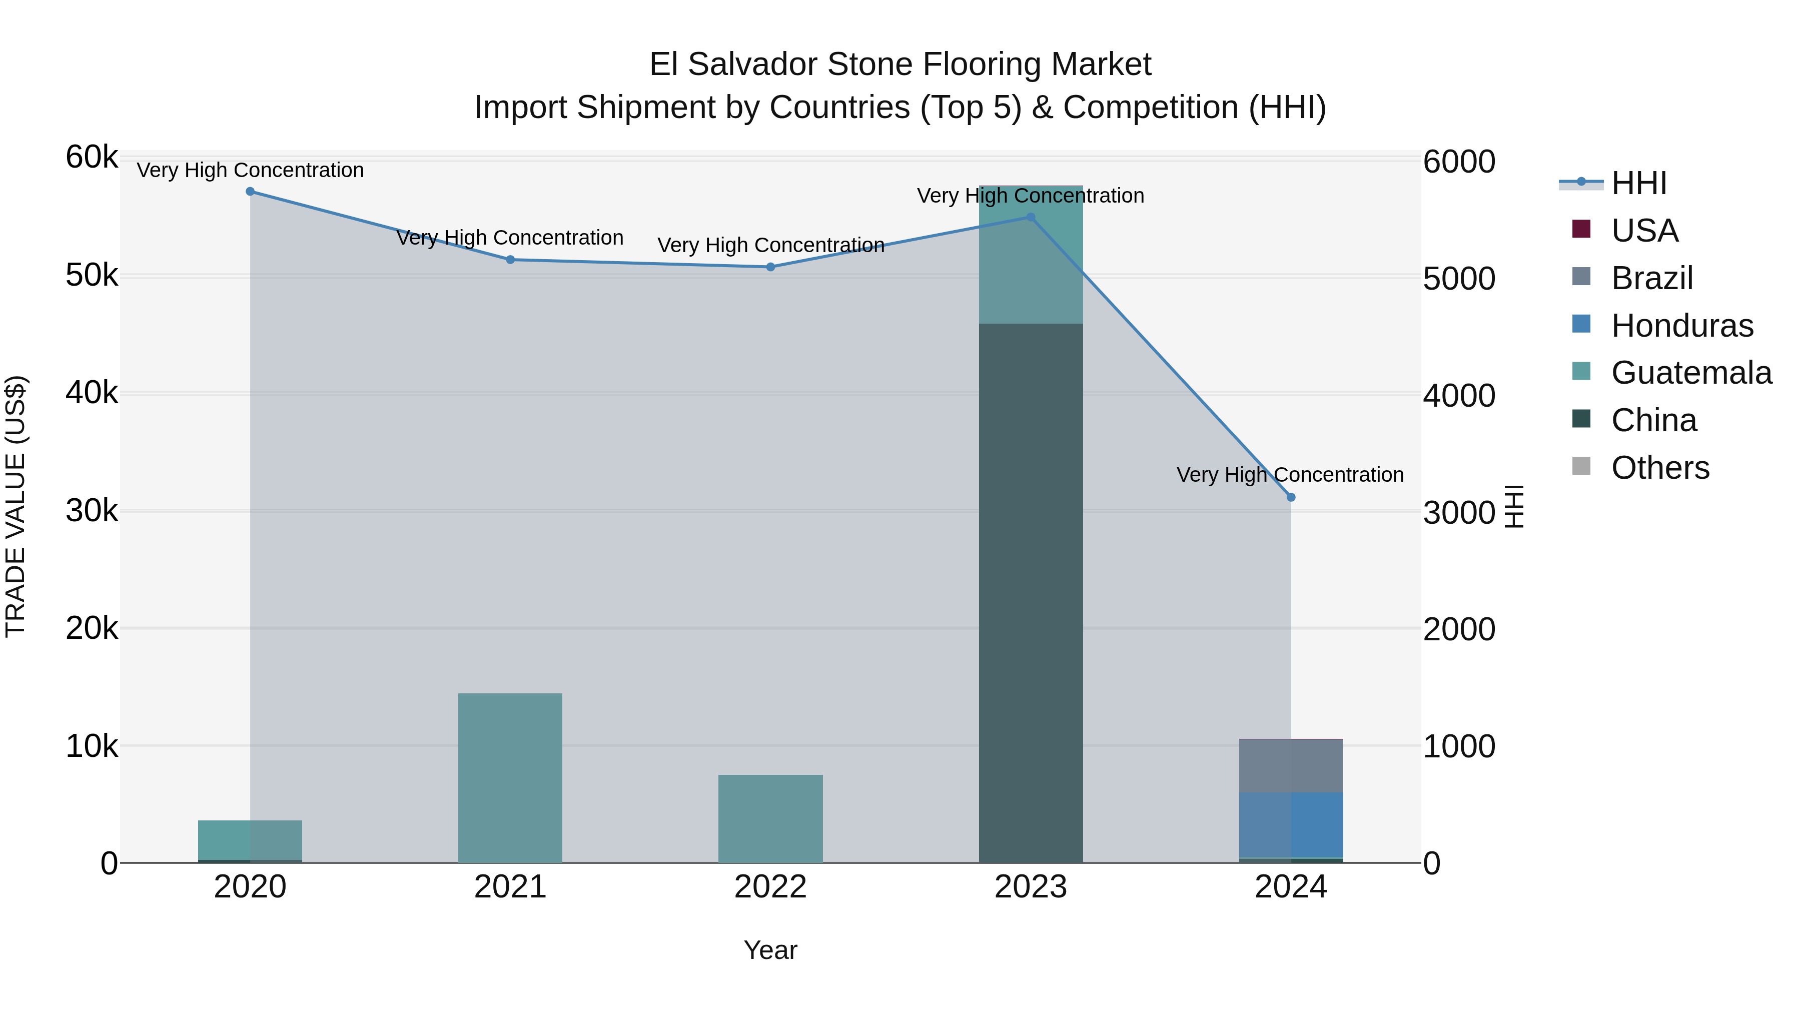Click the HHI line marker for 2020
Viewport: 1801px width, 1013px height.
click(x=250, y=192)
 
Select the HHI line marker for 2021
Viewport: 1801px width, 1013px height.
click(x=510, y=260)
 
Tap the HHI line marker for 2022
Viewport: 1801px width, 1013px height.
click(x=770, y=267)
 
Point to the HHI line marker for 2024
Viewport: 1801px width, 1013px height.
click(x=1291, y=498)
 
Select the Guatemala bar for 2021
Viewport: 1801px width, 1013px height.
click(x=510, y=778)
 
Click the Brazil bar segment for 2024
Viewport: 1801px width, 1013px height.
click(x=1291, y=765)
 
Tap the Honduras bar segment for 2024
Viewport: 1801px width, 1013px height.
click(x=1291, y=825)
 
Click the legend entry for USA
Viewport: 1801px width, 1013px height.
click(x=1644, y=231)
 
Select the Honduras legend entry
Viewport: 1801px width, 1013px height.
click(x=1681, y=326)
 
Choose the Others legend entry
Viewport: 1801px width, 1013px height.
click(x=1660, y=468)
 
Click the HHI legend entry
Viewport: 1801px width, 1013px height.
click(x=1638, y=183)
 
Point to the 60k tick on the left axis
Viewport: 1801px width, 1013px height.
click(x=92, y=157)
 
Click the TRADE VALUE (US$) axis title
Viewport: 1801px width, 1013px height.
click(x=16, y=506)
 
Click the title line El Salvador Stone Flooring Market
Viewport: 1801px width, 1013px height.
click(x=900, y=65)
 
